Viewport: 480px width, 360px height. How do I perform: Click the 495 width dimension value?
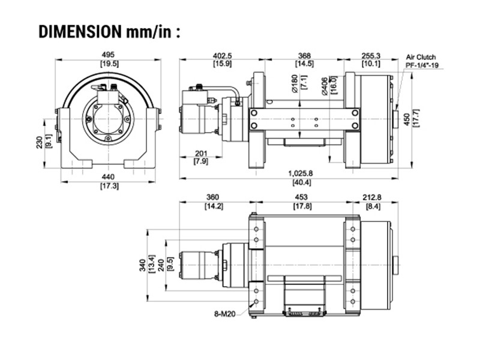[x=109, y=55]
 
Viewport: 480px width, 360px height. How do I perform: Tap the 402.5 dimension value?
[x=222, y=55]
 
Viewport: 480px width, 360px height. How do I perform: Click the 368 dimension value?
[x=304, y=55]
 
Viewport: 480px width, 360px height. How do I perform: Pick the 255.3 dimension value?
[x=371, y=55]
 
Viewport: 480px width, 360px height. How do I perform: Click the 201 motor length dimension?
[x=201, y=154]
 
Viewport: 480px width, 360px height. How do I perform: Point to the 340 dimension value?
[x=142, y=265]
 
